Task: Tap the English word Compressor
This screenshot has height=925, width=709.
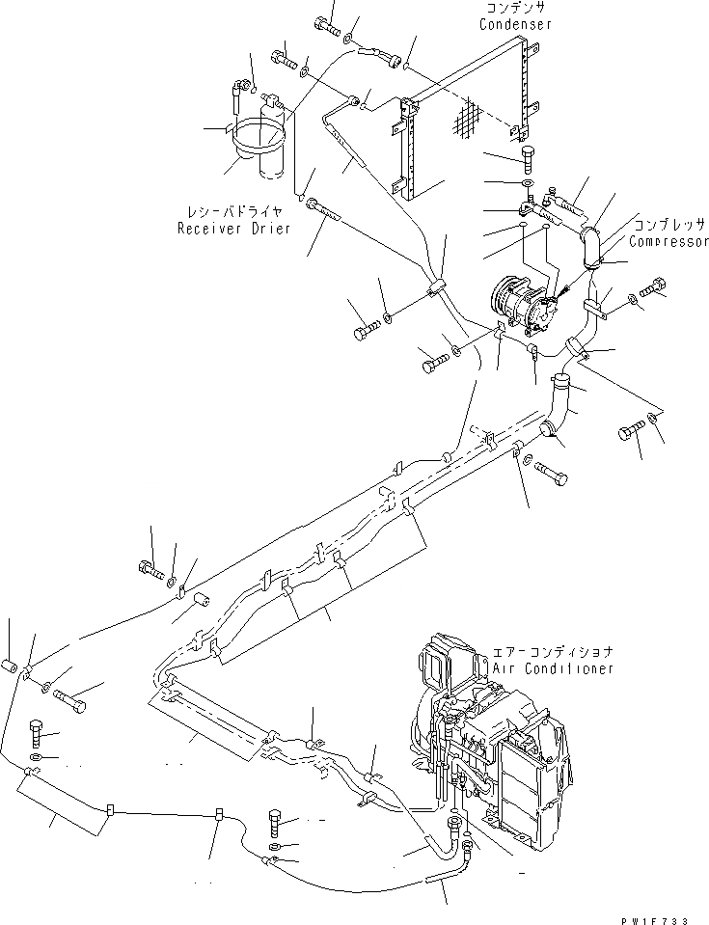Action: (x=668, y=243)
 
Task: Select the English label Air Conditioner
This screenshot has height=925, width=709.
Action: (x=553, y=668)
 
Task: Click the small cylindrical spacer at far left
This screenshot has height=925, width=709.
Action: (x=11, y=666)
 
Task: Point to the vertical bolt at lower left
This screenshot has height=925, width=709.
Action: (x=36, y=734)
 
